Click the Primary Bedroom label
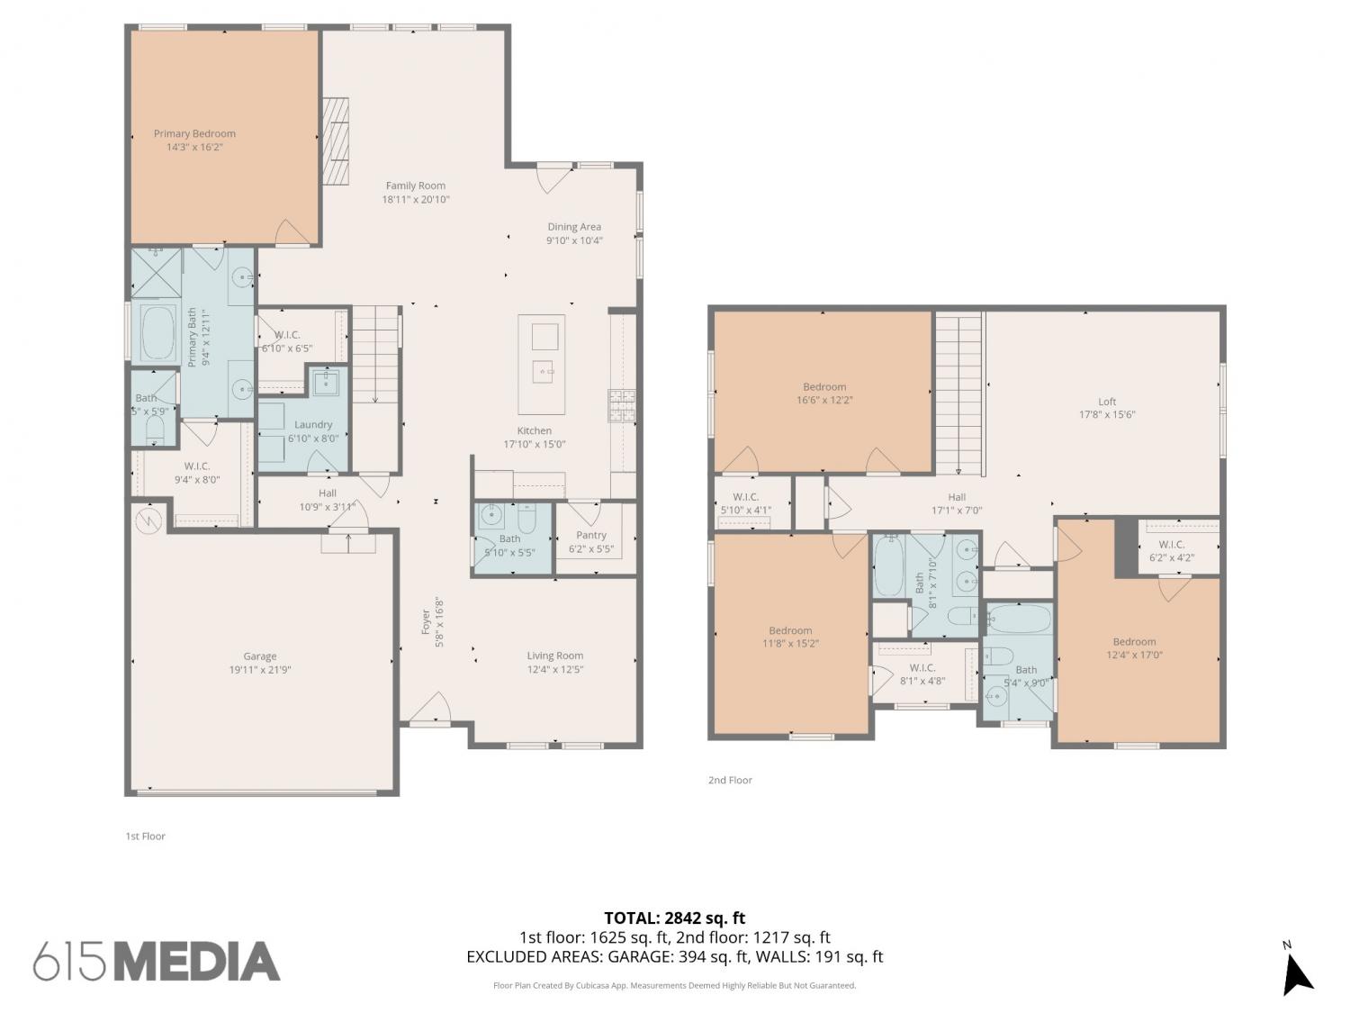coord(194,133)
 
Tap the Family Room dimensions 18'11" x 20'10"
coord(416,199)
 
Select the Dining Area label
coord(574,227)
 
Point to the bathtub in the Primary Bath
coord(158,333)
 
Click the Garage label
coord(259,656)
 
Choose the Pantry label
coord(591,535)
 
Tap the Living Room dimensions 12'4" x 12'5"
coord(554,669)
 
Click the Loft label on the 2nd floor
coord(1107,402)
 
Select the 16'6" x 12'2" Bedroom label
coord(824,387)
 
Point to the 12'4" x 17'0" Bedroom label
coord(1134,641)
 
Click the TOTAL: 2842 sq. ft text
coord(675,918)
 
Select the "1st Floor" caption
coord(145,836)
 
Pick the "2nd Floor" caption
coord(730,780)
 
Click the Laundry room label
coord(313,424)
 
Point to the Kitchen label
coord(534,430)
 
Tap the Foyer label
coord(426,622)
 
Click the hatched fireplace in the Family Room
coord(336,140)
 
